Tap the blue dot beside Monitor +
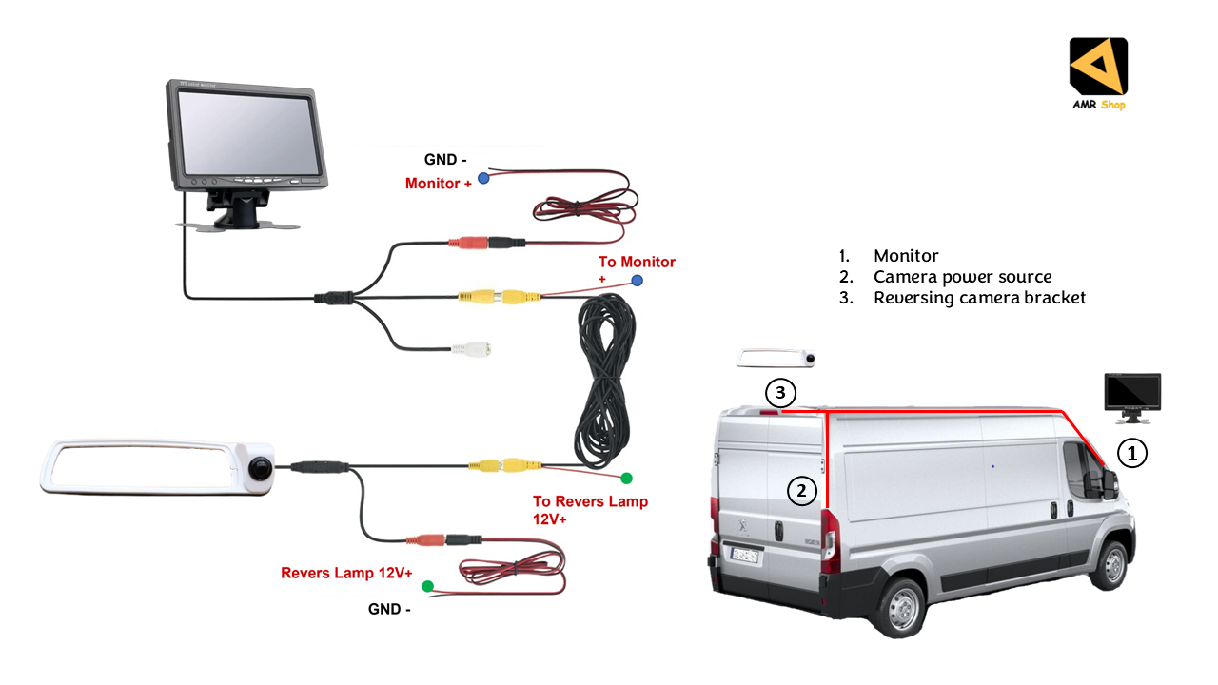pos(483,178)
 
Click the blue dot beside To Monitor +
pos(637,280)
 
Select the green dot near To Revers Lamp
pos(626,478)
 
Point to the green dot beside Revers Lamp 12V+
pos(427,586)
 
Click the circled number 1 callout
pos(1131,454)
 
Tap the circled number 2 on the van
pos(802,491)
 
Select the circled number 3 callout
pos(779,391)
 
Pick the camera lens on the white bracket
pos(259,467)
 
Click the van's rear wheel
pos(898,605)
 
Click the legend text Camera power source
pos(962,277)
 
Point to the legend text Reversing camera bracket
pos(979,298)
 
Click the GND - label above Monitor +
pos(441,160)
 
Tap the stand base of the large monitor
pos(238,223)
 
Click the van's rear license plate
pos(743,555)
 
